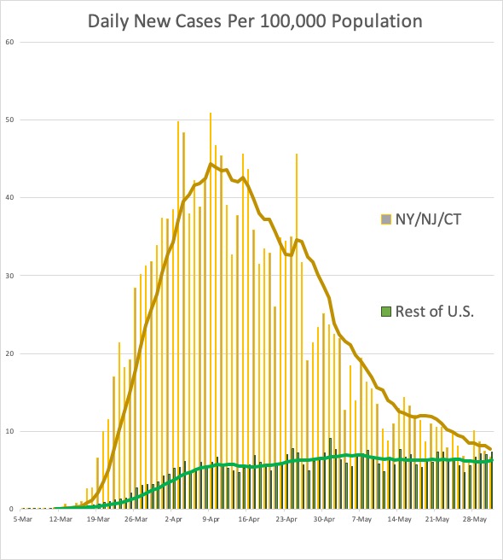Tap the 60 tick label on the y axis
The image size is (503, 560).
point(9,42)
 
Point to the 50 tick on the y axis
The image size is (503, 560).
point(9,120)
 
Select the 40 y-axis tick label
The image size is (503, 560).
point(9,198)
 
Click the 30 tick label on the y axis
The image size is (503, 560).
point(9,276)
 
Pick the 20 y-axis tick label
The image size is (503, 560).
point(9,353)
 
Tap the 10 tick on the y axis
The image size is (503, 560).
point(9,431)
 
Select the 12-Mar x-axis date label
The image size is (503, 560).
point(61,517)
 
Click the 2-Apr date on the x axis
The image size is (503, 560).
point(174,517)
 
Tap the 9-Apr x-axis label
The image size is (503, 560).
point(211,517)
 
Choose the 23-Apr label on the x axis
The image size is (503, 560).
point(286,517)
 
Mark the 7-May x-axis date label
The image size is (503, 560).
point(361,517)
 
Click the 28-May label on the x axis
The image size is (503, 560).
point(474,517)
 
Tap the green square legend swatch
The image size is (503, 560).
point(385,312)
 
